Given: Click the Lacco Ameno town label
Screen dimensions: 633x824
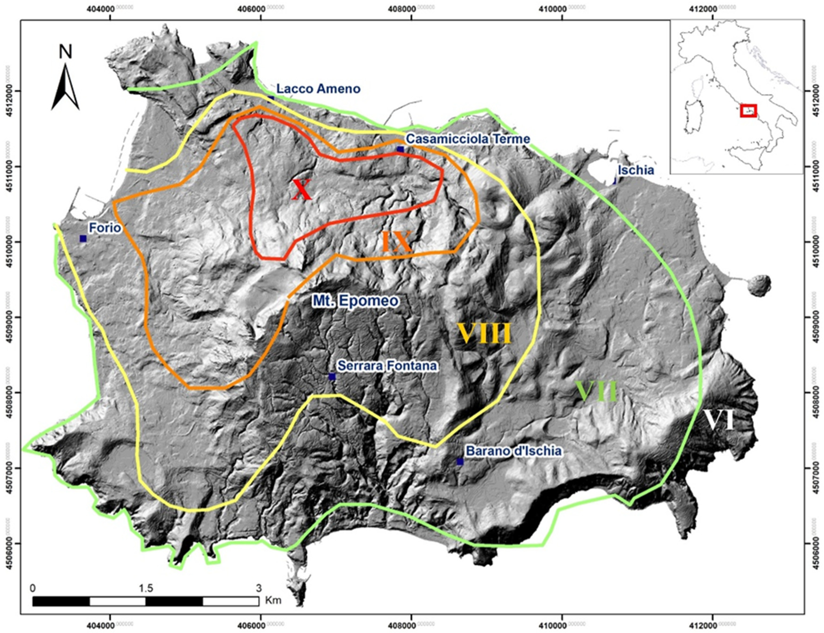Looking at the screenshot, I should coord(318,89).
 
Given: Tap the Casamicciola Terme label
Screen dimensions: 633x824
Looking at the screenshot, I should coord(468,139).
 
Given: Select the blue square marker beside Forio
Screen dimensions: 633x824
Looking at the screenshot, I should coord(83,238).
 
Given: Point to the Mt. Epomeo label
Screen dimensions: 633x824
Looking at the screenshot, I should coord(356,300).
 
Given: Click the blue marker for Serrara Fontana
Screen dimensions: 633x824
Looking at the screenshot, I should coord(332,376).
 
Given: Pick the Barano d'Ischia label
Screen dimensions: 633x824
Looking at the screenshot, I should coord(513,451).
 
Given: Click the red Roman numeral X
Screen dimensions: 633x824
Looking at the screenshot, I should coord(302,190).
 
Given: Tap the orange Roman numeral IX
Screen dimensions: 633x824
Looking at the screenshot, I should coord(397,242).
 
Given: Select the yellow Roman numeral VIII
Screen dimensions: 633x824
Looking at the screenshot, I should coord(484,334).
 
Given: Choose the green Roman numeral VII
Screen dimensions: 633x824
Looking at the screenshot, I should coord(596,391).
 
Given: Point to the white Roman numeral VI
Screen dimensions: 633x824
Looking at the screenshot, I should coord(719,420).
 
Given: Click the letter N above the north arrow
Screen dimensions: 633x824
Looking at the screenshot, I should coord(66,52).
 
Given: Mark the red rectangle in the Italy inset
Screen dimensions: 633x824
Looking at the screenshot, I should coord(748,111).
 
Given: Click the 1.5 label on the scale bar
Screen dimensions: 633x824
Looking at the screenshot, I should coord(146,588).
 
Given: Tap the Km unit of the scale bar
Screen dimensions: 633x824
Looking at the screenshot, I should coord(273,600).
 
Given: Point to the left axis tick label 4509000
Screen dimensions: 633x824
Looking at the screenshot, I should coord(8,317).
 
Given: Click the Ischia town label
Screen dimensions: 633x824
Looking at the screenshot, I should coord(636,170).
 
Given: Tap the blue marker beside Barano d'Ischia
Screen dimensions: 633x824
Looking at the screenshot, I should coord(460,462).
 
